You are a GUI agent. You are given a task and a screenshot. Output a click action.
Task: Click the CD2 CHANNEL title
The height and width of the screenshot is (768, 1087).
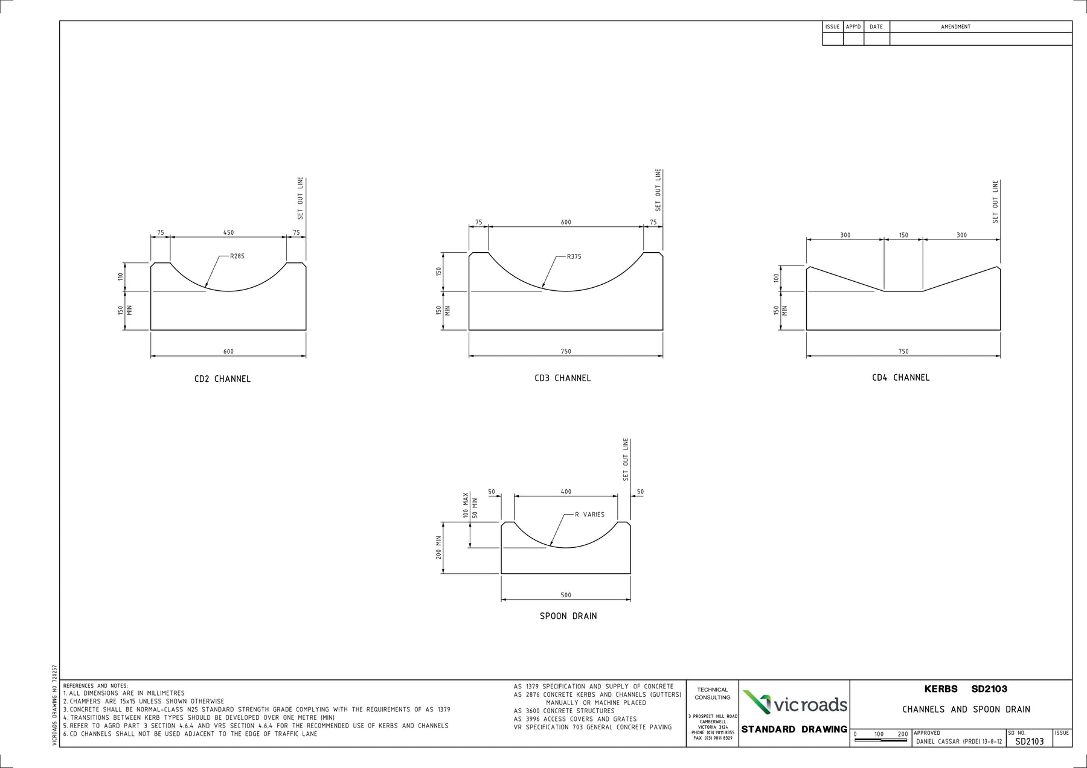point(222,379)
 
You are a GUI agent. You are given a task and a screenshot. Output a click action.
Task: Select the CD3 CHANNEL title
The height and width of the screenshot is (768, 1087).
point(562,378)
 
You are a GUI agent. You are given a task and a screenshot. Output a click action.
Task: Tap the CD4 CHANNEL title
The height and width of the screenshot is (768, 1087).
point(900,378)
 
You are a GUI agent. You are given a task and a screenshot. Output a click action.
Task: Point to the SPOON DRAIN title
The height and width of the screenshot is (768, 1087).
point(568,616)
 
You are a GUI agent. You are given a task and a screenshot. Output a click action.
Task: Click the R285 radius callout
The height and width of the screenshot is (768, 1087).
point(237,256)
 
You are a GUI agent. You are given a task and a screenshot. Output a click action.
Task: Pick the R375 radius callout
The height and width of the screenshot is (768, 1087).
point(574,256)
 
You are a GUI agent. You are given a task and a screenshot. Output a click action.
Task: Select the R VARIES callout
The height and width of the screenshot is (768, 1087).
point(589,515)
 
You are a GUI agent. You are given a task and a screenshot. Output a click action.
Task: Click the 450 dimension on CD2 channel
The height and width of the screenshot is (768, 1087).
point(228,233)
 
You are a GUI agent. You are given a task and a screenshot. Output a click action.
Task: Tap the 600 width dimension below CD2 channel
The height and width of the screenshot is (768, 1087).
point(228,352)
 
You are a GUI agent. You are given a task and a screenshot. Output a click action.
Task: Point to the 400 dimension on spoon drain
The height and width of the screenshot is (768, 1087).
point(566,492)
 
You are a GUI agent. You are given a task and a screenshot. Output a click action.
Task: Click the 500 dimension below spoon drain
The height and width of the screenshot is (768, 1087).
point(566,595)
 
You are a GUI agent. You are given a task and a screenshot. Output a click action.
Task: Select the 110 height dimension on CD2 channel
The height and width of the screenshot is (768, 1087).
point(120,277)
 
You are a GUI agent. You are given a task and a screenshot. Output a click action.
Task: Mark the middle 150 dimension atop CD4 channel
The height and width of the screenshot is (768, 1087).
point(903,235)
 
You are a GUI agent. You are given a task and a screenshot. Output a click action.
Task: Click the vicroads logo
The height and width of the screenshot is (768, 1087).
point(795,703)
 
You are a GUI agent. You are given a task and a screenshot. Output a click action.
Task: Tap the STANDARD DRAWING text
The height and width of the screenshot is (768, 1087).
point(794,729)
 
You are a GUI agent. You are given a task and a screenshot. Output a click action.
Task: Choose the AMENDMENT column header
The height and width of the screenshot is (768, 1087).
point(955,27)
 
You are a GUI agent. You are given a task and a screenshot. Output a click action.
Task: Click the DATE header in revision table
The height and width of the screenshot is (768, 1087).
point(876,27)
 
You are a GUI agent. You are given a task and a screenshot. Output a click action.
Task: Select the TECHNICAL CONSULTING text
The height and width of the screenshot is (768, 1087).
point(713,694)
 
